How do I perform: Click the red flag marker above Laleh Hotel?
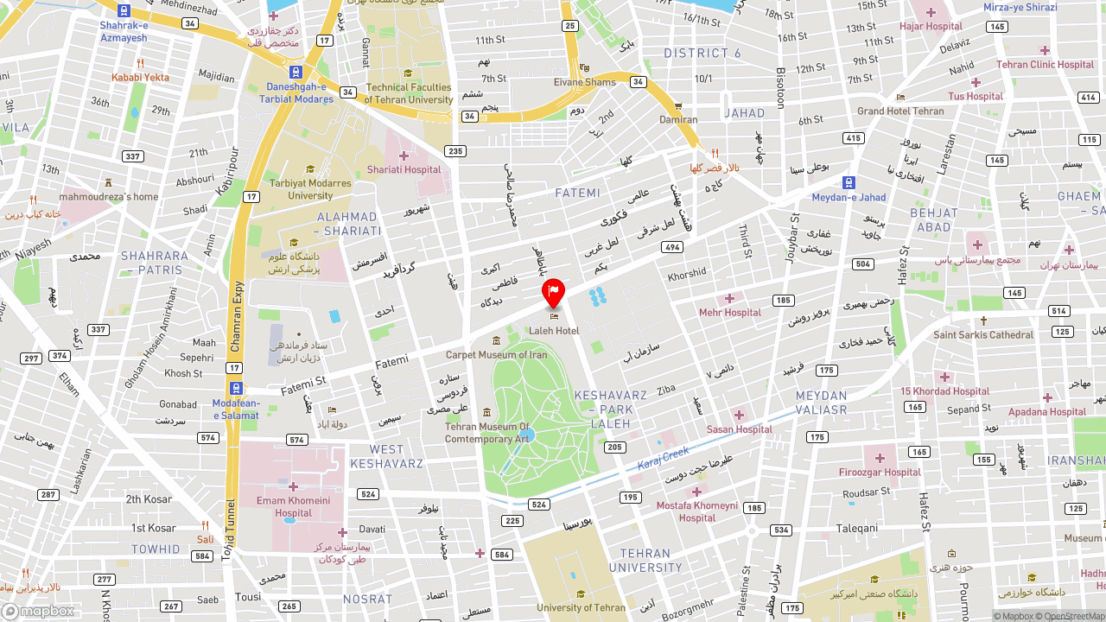click(553, 292)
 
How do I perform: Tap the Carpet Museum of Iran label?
click(496, 355)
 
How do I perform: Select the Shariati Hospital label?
click(404, 169)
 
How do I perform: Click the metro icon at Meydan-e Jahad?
click(849, 182)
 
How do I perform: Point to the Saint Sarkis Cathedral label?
click(983, 335)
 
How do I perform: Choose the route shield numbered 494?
click(671, 247)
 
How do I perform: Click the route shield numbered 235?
click(455, 151)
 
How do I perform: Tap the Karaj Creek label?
click(664, 459)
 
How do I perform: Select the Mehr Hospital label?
click(730, 313)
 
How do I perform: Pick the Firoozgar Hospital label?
click(880, 473)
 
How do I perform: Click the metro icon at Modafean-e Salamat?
click(236, 389)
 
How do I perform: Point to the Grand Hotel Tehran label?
click(900, 111)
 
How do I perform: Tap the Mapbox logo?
click(38, 611)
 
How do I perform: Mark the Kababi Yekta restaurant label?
click(140, 78)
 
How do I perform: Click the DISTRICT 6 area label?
click(702, 54)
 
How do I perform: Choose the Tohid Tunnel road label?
click(228, 530)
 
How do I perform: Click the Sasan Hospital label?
click(739, 429)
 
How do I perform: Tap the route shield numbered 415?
click(854, 138)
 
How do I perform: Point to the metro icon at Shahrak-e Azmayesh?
click(124, 11)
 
